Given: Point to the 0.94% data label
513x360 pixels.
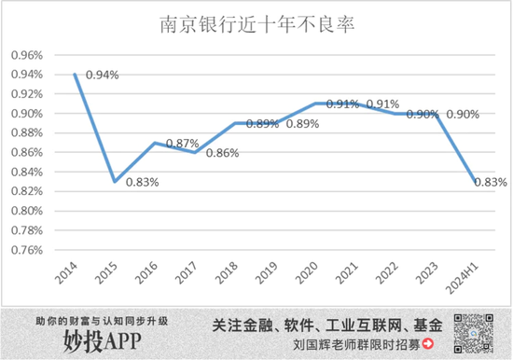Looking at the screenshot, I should tap(102, 74).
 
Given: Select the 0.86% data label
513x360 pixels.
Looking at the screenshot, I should tap(223, 154).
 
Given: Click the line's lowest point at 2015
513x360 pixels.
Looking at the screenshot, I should tap(114, 181).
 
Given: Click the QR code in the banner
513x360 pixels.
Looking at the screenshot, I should tap(472, 332).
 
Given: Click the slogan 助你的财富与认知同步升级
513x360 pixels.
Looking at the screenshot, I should tap(101, 320).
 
